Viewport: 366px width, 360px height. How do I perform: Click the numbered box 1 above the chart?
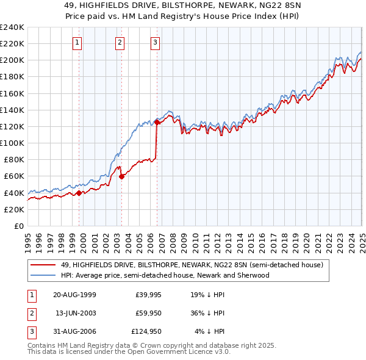tap(78, 42)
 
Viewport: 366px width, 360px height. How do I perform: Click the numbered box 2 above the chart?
tap(120, 42)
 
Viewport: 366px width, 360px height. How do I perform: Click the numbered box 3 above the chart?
tap(156, 42)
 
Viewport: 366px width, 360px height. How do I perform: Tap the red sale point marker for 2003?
tap(121, 176)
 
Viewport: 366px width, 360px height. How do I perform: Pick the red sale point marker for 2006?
tap(157, 122)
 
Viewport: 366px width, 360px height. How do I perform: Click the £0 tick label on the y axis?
tap(20, 226)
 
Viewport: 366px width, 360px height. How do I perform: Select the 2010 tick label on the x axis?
tap(195, 240)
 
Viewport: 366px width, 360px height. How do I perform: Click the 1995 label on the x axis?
tap(28, 240)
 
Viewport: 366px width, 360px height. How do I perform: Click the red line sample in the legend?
tap(43, 265)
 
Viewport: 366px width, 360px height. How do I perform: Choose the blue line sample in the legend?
tap(43, 275)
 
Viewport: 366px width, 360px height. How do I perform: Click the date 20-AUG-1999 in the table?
tap(74, 295)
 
